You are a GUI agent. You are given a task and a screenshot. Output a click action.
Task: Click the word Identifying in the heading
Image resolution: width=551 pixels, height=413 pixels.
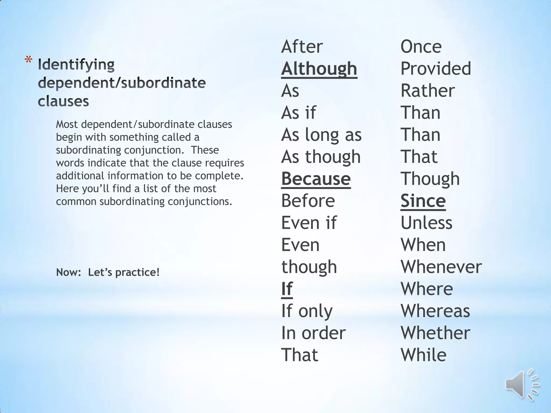pos(76,65)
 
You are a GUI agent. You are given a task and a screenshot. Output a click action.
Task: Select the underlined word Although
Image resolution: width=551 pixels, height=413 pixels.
pos(319,69)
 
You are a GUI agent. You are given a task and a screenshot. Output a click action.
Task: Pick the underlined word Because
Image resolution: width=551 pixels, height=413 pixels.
pos(316,179)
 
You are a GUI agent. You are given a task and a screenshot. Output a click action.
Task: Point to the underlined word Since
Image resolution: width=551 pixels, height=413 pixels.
pos(423,201)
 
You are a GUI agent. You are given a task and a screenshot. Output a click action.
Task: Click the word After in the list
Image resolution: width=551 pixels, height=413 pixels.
pos(302,47)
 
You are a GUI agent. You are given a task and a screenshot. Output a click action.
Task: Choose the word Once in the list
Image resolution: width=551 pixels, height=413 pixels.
pos(421,47)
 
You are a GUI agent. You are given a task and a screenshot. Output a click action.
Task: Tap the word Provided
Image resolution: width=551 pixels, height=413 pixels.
pos(436,69)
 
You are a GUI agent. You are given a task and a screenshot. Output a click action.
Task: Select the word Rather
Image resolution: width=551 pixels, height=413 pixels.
pos(428,91)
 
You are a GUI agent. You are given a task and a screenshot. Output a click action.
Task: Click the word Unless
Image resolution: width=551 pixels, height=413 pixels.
pos(426,223)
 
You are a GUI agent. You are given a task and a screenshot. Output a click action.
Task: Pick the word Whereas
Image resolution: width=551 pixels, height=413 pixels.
pos(435,311)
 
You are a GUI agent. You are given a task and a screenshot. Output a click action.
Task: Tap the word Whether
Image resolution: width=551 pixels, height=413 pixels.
pos(435,333)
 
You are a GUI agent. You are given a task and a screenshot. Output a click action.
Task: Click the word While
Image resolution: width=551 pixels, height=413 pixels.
pos(423,355)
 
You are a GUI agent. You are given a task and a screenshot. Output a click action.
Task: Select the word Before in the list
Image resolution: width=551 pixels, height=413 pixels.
pos(308,201)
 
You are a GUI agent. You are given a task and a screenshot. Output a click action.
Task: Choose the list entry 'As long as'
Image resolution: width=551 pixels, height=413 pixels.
pos(321,135)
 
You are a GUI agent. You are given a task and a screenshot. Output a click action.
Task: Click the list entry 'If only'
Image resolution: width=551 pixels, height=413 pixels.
pos(307,311)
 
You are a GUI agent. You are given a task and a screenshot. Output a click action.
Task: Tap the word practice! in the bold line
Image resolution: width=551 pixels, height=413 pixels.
pos(137,272)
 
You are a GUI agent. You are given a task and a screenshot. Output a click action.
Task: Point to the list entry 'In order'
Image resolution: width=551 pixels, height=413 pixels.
pos(313,333)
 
